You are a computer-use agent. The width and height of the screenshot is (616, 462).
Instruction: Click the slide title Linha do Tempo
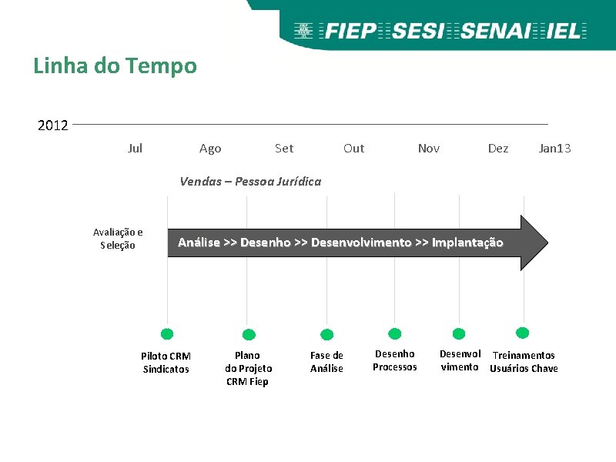click(x=115, y=66)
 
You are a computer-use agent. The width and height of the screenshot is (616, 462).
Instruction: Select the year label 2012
click(x=53, y=125)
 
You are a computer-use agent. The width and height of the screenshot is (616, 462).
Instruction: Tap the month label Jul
click(x=135, y=148)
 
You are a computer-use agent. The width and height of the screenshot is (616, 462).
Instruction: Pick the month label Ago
click(x=209, y=149)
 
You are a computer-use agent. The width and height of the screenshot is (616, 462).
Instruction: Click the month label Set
click(x=283, y=148)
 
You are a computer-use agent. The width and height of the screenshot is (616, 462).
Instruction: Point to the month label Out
click(x=353, y=148)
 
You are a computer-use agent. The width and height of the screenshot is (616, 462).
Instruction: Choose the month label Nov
click(x=428, y=148)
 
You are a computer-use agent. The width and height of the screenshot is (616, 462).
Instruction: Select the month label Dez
click(x=498, y=148)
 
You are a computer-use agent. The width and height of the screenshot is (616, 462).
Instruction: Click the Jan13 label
click(x=554, y=148)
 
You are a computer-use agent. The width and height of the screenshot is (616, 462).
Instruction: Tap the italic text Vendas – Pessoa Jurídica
click(x=250, y=182)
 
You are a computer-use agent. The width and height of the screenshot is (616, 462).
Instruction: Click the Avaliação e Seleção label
click(x=118, y=239)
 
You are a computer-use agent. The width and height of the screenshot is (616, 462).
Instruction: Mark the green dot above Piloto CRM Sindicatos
click(x=167, y=334)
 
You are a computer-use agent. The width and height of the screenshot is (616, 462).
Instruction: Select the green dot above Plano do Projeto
click(x=249, y=334)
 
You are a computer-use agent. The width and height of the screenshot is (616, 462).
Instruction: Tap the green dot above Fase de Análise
click(x=326, y=334)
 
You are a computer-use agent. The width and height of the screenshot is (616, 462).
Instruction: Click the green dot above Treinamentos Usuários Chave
click(x=523, y=333)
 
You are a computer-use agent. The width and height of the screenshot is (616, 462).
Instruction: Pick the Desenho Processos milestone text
click(x=394, y=360)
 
